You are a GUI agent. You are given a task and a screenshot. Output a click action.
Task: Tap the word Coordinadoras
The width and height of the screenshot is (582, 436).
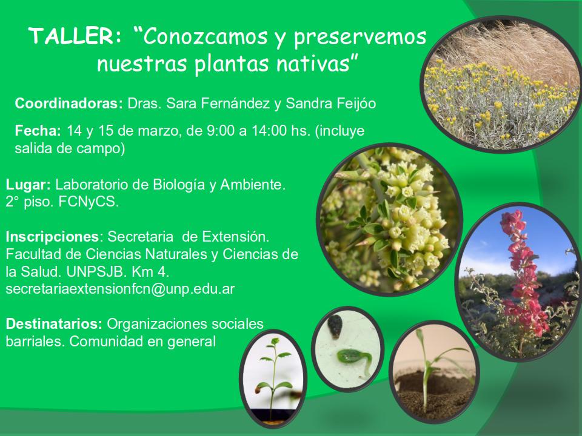click(x=69, y=103)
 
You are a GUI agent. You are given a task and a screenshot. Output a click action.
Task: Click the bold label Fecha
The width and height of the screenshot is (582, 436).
click(x=38, y=131)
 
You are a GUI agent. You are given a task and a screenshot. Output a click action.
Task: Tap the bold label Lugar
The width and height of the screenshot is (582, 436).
click(x=28, y=185)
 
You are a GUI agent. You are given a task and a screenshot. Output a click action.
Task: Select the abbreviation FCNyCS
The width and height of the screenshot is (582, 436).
click(x=89, y=202)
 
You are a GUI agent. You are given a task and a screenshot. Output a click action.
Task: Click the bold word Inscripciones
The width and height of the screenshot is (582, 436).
click(x=52, y=237)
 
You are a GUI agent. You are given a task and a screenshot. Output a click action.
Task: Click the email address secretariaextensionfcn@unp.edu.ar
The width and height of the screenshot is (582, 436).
click(x=120, y=289)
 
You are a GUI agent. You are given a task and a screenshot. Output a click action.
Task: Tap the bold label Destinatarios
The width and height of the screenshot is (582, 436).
click(x=54, y=323)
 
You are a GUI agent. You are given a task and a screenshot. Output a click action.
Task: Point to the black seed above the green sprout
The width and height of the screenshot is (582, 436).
click(x=335, y=326)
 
